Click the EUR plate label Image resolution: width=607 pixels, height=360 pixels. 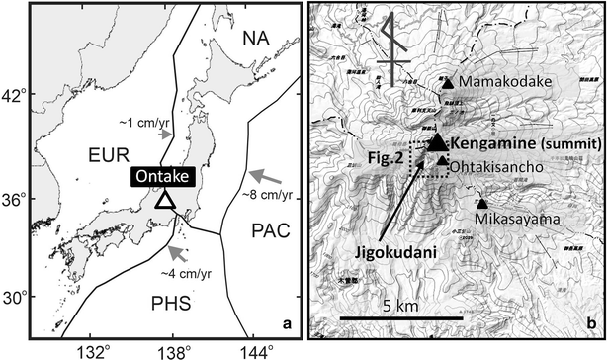tap(104, 156)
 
